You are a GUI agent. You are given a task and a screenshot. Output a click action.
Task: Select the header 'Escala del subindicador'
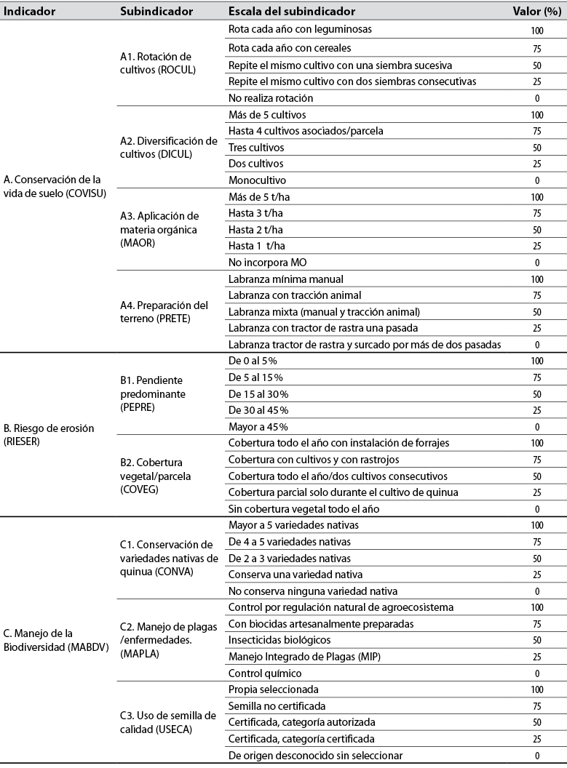click(292, 12)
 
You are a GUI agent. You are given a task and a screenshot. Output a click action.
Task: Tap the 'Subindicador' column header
click(156, 12)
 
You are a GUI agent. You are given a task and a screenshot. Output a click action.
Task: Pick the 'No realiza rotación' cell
click(271, 98)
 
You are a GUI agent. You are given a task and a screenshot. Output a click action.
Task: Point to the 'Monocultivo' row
click(257, 180)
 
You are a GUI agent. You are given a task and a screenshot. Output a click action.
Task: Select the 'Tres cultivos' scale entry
click(256, 148)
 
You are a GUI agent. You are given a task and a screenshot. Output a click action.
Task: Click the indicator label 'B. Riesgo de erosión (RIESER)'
click(49, 434)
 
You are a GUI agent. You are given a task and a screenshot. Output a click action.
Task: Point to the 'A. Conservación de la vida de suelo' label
click(52, 185)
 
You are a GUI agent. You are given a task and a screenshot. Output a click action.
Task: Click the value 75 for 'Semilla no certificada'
click(536, 706)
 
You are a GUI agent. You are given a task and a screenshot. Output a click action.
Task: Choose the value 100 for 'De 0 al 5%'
click(536, 361)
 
